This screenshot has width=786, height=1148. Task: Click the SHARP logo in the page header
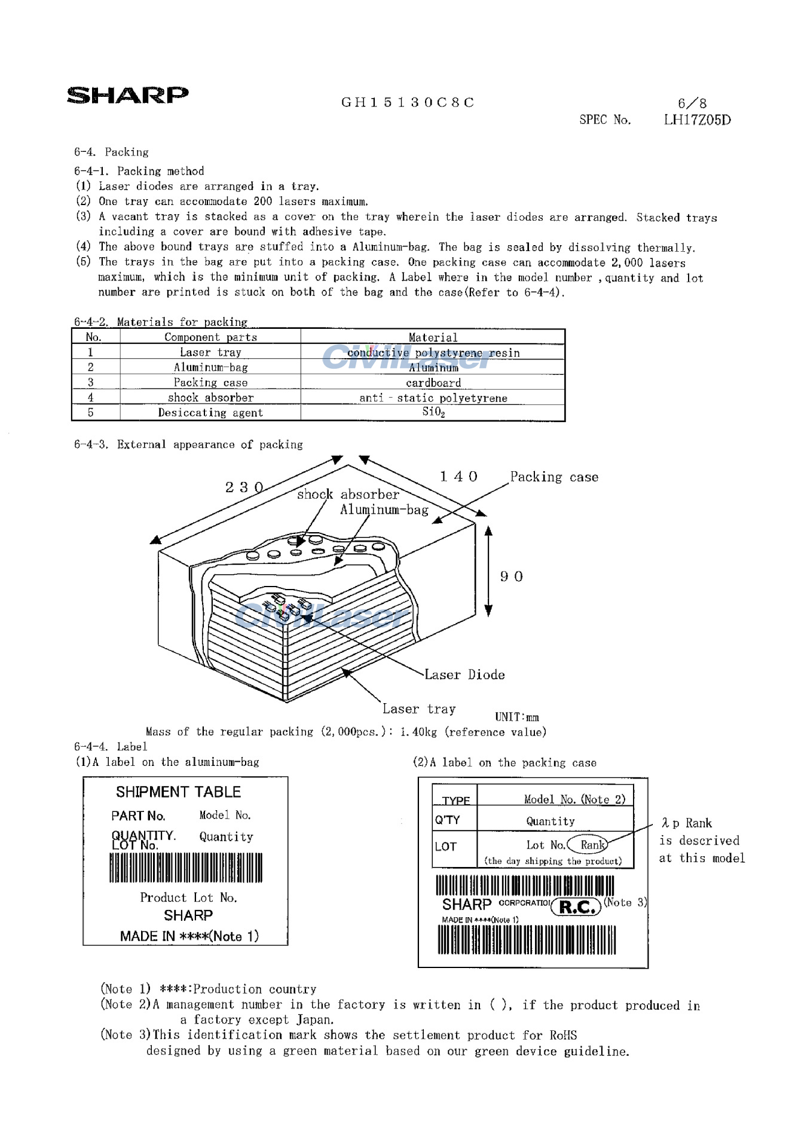point(127,95)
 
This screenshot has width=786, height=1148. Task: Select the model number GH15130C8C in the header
point(408,102)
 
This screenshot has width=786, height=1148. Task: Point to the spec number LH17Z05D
point(697,120)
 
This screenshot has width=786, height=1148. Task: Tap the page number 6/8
point(692,103)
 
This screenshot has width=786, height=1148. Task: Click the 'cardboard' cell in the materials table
point(433,383)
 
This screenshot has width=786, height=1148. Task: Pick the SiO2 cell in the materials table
point(433,412)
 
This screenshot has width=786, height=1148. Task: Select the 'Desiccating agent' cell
point(210,413)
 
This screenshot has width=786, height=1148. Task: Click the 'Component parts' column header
point(210,337)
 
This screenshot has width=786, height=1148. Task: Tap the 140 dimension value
point(458,477)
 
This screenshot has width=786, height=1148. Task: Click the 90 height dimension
point(512,576)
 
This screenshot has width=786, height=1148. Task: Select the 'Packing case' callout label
point(554,477)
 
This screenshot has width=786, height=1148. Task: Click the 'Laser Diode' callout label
point(464,675)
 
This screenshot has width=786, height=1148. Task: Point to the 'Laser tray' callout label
point(419,709)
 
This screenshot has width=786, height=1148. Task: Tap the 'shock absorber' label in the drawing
point(348,494)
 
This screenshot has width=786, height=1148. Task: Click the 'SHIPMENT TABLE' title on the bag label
point(178,792)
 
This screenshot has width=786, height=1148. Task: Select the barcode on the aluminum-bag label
point(185,868)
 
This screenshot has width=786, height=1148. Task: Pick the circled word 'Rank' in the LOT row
point(591,845)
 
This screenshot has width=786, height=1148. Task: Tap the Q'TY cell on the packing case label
point(448,820)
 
